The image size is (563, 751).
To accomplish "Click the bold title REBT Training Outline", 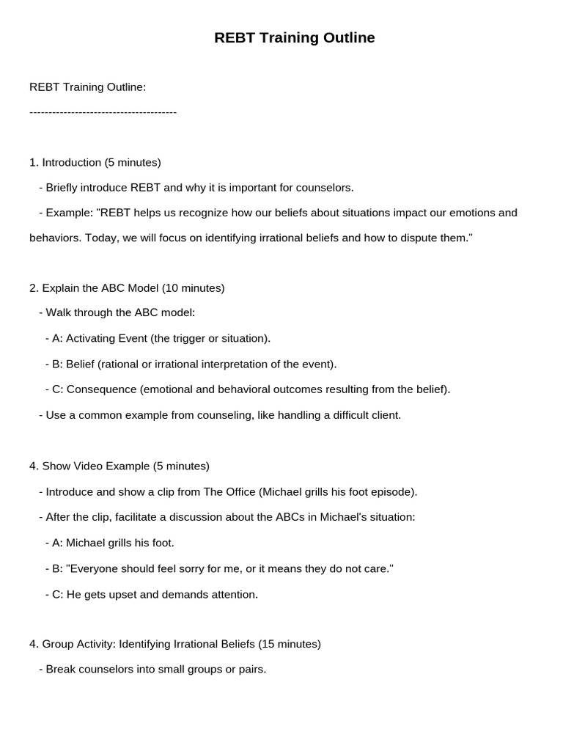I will click(294, 38).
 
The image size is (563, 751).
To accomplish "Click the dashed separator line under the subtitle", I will click(103, 112).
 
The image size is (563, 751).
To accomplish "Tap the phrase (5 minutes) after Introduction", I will click(133, 162).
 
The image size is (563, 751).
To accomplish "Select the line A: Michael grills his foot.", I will click(113, 543).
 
